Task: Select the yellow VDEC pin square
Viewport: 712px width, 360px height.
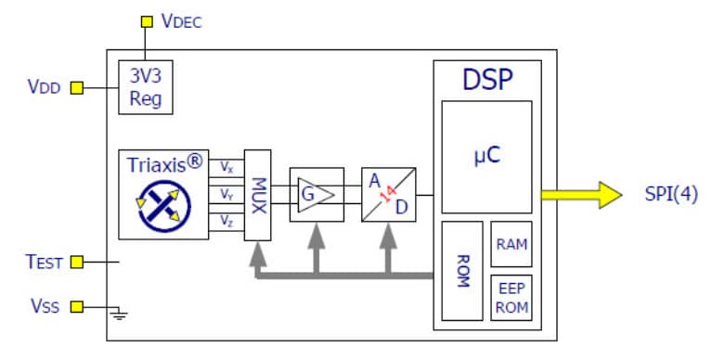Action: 145,20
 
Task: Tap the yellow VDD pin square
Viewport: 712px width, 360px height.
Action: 77,88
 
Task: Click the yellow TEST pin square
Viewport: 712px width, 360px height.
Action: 77,263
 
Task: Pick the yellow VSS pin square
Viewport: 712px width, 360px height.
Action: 77,305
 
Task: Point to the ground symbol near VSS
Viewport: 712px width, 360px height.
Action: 119,313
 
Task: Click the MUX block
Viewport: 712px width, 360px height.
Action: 258,195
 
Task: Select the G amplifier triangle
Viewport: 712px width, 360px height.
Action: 317,195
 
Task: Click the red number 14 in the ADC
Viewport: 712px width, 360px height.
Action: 389,194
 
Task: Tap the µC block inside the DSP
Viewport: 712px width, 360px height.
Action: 486,156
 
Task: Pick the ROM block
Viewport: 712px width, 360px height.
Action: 461,269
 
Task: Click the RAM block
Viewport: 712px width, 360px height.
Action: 511,244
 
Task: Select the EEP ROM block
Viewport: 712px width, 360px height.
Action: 511,296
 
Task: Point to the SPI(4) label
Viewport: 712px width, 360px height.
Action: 671,196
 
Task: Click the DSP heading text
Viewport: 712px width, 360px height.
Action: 487,81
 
